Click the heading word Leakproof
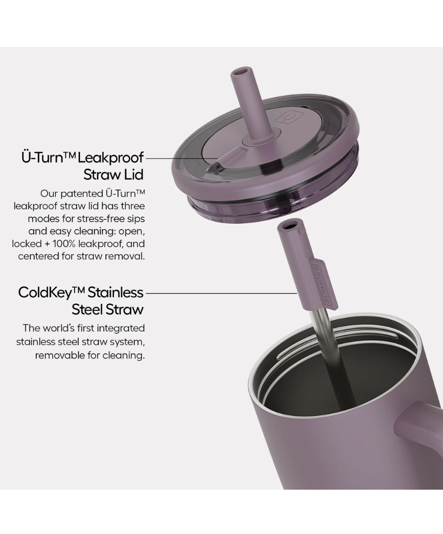pyautogui.click(x=111, y=158)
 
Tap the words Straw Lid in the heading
pyautogui.click(x=113, y=175)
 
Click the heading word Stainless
pyautogui.click(x=115, y=292)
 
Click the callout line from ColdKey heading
pyautogui.click(x=221, y=293)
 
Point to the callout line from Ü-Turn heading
pyautogui.click(x=181, y=158)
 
